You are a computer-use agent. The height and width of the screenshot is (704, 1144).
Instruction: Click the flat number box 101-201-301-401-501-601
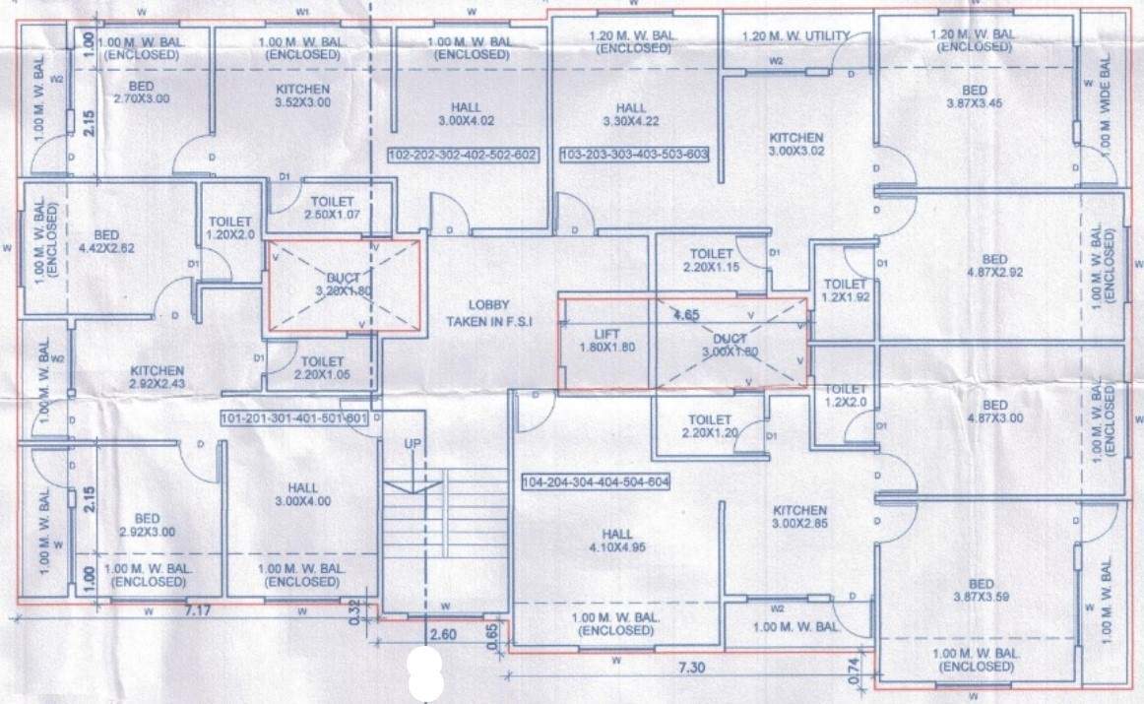tap(294, 418)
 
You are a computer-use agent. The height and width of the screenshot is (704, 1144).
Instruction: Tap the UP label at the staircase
tap(413, 445)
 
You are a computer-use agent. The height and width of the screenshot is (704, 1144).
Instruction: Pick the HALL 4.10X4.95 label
tap(611, 541)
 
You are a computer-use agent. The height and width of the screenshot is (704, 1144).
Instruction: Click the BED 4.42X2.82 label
tap(106, 241)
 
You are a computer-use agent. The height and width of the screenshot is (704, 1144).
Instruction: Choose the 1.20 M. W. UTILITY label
tap(799, 36)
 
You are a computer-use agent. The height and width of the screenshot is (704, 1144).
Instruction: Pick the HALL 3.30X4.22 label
tap(631, 115)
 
